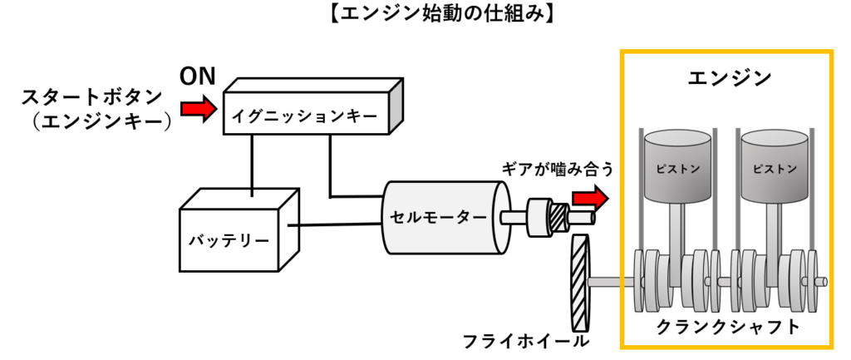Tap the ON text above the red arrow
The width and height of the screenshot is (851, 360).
pos(198,77)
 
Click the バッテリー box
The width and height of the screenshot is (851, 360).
pos(229,240)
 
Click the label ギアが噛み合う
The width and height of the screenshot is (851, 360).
pos(558,170)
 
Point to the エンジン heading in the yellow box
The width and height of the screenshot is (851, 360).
pos(730,78)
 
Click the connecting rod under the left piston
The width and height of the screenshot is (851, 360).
pos(678,229)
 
